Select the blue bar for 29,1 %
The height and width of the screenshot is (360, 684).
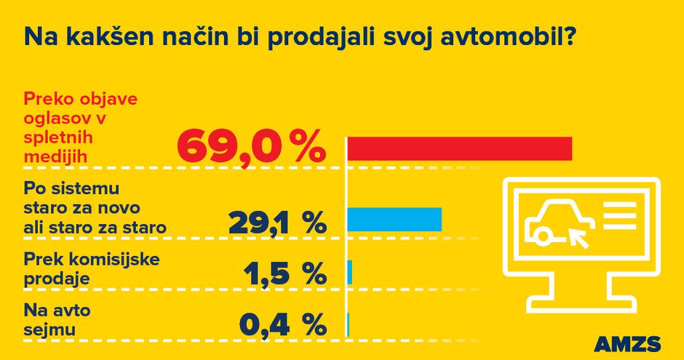[x=394, y=219]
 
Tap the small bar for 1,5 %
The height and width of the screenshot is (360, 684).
[x=350, y=271]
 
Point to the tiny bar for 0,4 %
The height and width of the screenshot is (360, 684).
[x=348, y=324]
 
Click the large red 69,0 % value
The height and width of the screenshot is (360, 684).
[x=249, y=146]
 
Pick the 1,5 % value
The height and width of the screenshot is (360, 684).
[x=282, y=274]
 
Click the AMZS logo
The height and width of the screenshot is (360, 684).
[x=627, y=343]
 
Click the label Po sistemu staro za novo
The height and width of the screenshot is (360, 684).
[x=95, y=207]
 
